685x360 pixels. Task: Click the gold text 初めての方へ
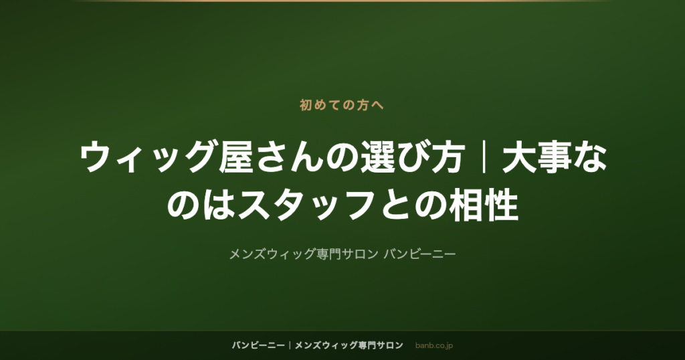(342, 105)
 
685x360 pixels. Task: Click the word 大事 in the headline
(537, 157)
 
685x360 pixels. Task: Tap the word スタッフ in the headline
(306, 205)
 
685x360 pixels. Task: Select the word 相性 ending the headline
(484, 205)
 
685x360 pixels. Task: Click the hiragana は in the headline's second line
(219, 205)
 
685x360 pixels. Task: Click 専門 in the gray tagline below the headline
(328, 254)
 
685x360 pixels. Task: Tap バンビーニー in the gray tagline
(419, 254)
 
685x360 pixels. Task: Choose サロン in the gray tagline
(359, 254)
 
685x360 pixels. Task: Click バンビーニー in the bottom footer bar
(258, 345)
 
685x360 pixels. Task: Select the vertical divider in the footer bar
(290, 345)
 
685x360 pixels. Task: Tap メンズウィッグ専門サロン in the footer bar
(349, 345)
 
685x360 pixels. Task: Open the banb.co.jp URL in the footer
(433, 346)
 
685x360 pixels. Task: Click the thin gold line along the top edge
(342, 1)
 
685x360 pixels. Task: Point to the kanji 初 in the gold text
(306, 105)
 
